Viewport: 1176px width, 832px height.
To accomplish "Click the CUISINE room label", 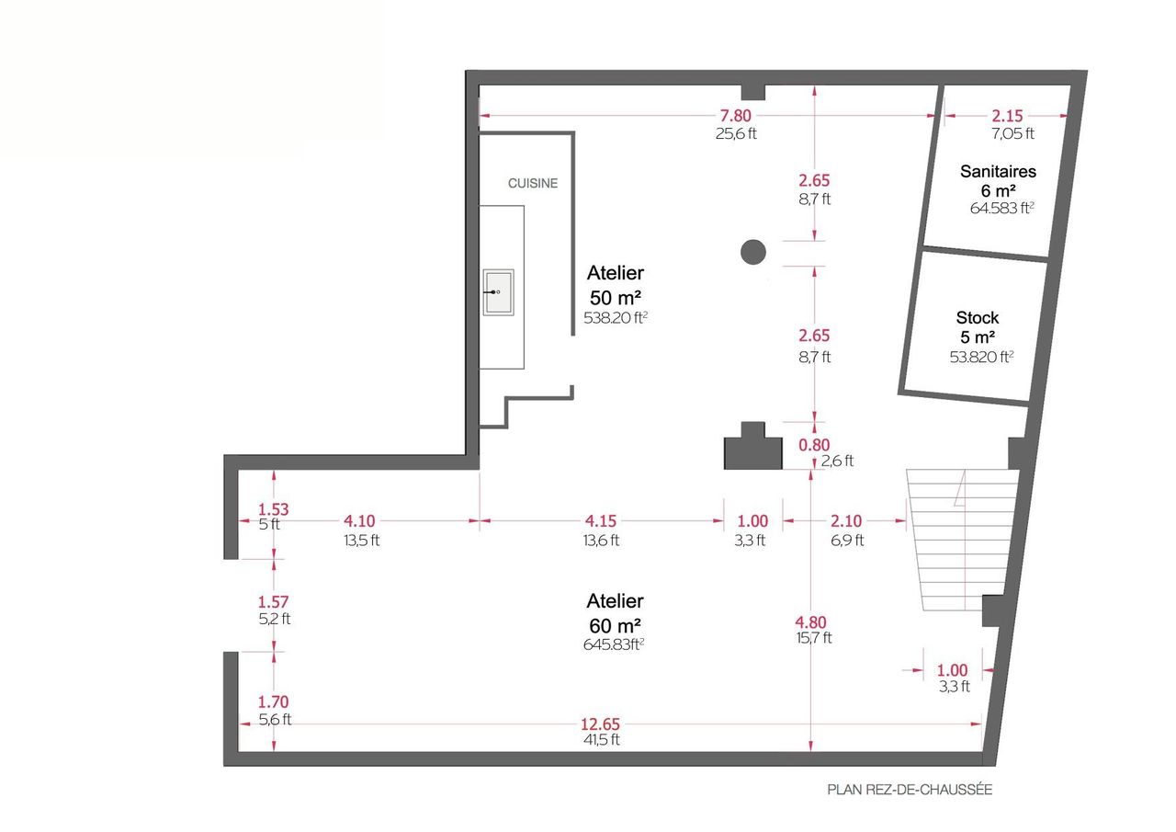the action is tap(532, 183).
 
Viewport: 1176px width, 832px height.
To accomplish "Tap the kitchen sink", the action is tap(498, 292).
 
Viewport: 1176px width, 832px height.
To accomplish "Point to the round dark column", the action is tap(752, 252).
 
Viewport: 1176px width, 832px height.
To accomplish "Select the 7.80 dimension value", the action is tap(735, 116).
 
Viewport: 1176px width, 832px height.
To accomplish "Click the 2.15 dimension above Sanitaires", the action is tap(1007, 116).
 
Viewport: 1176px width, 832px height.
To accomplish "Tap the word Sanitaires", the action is tap(998, 171).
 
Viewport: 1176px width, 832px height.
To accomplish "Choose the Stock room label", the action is tap(977, 317).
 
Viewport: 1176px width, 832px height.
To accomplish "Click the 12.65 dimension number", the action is tap(600, 724).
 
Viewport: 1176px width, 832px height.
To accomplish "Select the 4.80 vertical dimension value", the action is tap(810, 622).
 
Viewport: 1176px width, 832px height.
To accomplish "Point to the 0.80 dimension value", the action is tap(814, 445).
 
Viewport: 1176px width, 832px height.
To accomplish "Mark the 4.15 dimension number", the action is tap(601, 521).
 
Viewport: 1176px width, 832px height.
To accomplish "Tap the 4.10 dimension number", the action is tap(359, 521).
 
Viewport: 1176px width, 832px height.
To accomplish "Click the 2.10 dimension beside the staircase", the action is tap(846, 521).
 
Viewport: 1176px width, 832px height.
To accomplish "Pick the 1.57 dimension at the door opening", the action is tap(273, 601).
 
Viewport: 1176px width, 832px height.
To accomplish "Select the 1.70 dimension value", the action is tap(273, 701).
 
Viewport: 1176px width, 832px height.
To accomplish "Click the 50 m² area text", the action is tap(615, 298).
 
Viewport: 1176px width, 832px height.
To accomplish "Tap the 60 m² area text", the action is tap(615, 626).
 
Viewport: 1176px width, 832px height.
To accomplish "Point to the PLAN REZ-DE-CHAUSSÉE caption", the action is tap(910, 790).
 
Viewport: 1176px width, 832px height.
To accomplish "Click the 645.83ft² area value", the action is tap(614, 644).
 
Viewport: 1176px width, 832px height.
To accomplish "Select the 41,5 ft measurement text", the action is tap(601, 739).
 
